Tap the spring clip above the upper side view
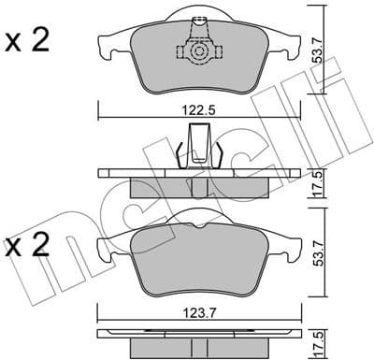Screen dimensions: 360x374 point(197,146)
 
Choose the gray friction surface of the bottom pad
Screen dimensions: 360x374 point(197,257)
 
